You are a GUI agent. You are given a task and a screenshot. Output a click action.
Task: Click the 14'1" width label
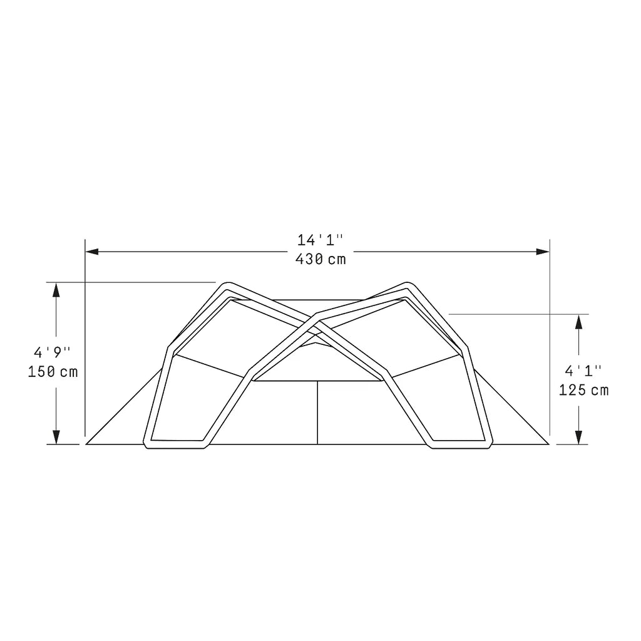coord(320,240)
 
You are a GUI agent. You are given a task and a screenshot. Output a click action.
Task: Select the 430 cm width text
coord(320,259)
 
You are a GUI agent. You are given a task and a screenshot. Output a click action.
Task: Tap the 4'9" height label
coord(52,352)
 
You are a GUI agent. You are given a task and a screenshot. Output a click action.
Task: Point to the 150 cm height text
coord(53,372)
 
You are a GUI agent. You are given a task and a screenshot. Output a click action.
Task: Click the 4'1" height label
coord(583,371)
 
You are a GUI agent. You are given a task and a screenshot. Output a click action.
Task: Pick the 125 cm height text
coord(584,391)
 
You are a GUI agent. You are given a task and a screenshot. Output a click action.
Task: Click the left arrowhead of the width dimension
coord(91,252)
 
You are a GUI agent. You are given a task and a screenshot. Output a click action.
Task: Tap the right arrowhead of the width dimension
coord(543,252)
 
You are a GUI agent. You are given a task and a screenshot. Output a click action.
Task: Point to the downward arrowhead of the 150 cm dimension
coord(56,437)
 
